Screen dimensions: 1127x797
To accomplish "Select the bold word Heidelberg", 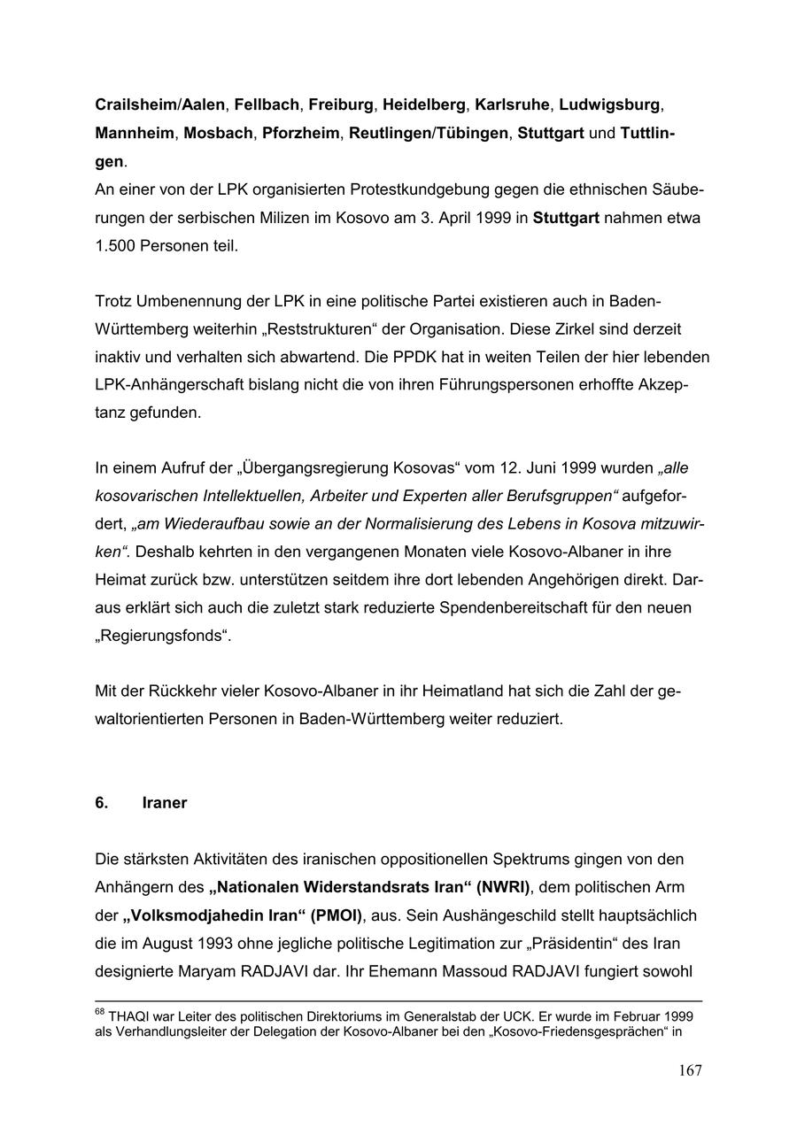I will point(423,105).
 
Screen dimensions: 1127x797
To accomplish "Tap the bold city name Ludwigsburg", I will point(609,105).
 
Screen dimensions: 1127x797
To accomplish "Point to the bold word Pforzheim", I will point(300,135).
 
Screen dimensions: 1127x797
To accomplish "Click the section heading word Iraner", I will point(164,803).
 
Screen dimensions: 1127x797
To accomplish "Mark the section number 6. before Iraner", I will point(102,803).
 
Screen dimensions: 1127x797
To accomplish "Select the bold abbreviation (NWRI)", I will point(502,887).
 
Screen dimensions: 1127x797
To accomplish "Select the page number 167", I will point(690,1071).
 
